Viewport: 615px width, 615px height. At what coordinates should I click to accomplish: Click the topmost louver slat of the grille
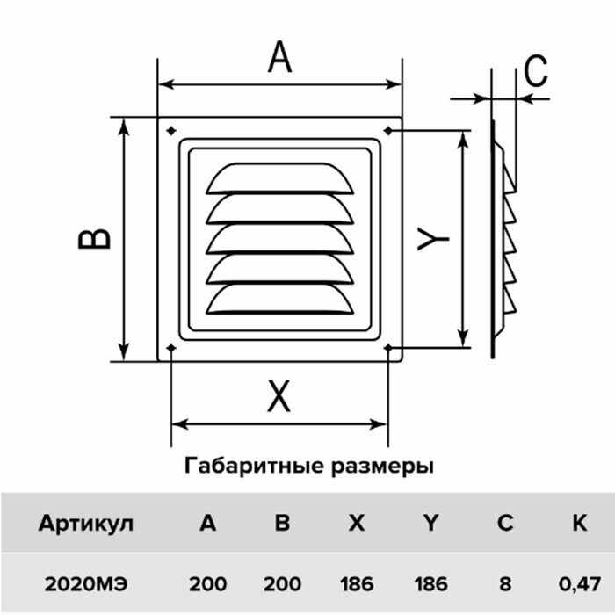point(274,177)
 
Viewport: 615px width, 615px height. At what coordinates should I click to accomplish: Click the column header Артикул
point(86,524)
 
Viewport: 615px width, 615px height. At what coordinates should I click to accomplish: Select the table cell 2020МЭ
point(86,583)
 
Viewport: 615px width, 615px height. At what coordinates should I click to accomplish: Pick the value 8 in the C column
point(504,583)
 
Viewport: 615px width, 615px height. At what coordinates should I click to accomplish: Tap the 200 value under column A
point(207,583)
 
